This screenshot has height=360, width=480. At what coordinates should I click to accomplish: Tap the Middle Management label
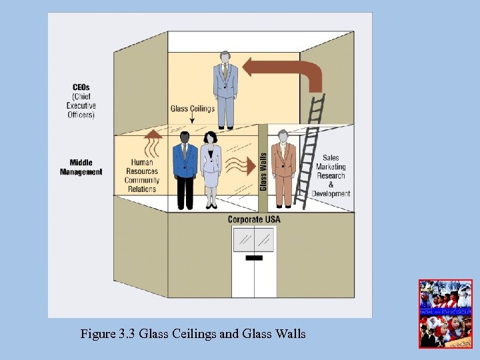81,167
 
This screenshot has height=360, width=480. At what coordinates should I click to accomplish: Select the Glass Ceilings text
192,107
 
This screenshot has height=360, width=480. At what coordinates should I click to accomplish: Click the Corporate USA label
253,219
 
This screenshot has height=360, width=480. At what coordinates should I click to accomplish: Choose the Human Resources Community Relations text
141,175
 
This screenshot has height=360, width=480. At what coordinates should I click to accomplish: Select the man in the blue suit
185,170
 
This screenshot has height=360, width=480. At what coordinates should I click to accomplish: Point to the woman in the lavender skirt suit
211,170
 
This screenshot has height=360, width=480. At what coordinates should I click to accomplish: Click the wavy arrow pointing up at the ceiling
153,143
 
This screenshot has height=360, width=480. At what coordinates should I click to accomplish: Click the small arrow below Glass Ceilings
192,119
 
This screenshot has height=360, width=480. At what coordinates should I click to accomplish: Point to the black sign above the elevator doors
253,257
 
